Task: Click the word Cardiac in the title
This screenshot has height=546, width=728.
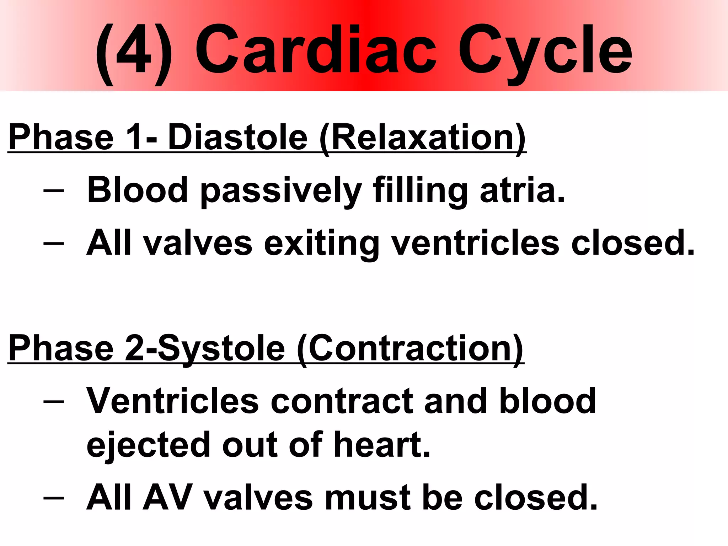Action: [x=315, y=50]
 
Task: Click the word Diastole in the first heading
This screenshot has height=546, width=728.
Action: [x=237, y=138]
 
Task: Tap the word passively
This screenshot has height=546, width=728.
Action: [x=281, y=192]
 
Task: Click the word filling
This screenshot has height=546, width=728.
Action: [x=420, y=192]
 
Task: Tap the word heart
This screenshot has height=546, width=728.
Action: [x=382, y=444]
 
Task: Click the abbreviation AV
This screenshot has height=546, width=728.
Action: [x=168, y=498]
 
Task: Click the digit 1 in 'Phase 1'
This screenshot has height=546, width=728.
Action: [x=134, y=138]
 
